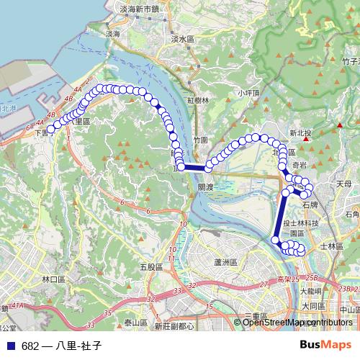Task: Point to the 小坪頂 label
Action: pyautogui.click(x=248, y=94)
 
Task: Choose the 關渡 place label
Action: pyautogui.click(x=206, y=186)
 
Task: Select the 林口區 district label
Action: pyautogui.click(x=54, y=279)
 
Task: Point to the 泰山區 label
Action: pyautogui.click(x=135, y=323)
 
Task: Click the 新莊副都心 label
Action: pyautogui.click(x=174, y=326)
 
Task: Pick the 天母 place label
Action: pyautogui.click(x=344, y=185)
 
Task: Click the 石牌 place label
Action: pyautogui.click(x=310, y=205)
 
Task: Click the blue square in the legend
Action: pyautogui.click(x=10, y=346)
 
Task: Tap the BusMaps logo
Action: pyautogui.click(x=326, y=346)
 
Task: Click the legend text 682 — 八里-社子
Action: pyautogui.click(x=61, y=346)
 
